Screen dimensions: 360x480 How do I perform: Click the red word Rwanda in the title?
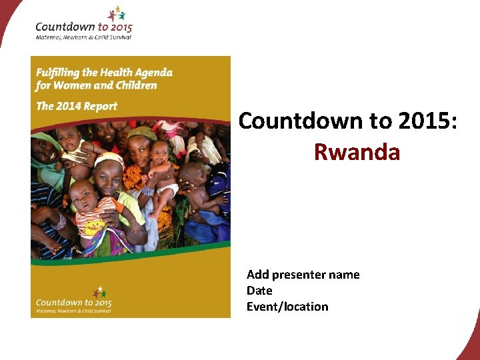357,152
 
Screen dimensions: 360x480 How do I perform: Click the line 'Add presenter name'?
303,275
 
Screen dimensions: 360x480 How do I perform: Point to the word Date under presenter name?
259,291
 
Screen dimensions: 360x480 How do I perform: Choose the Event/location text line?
287,307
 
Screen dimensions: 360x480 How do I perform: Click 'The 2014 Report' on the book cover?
77,106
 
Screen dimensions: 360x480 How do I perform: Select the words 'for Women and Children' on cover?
96,85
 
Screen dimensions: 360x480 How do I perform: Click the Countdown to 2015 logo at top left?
83,27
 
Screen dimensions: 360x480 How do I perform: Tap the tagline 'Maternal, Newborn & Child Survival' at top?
83,37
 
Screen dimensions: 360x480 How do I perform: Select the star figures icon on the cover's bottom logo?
99,291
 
